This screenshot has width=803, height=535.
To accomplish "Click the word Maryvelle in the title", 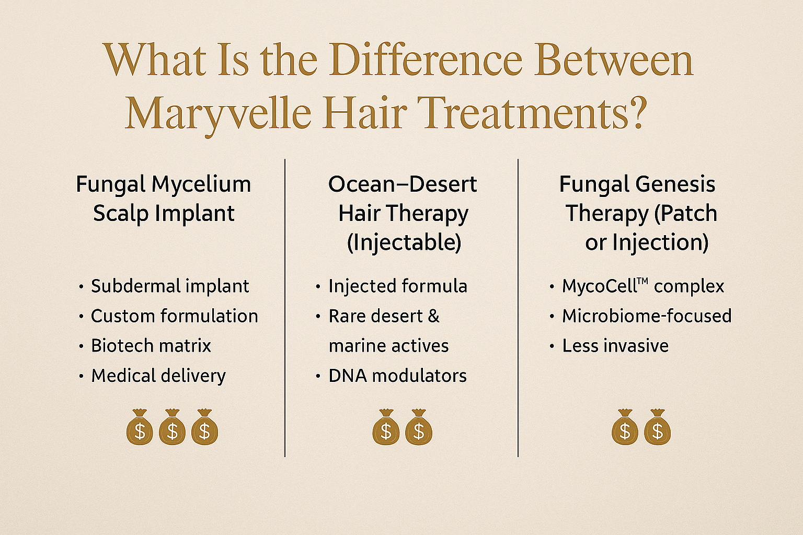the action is click(x=218, y=113).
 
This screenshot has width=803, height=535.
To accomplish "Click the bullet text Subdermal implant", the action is click(x=170, y=286).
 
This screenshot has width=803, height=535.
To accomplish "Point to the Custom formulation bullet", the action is click(x=174, y=316).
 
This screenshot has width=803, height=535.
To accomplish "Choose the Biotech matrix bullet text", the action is click(x=151, y=346).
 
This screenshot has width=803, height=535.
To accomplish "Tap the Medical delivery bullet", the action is click(x=158, y=376).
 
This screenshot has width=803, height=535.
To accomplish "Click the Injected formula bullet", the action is click(x=398, y=286).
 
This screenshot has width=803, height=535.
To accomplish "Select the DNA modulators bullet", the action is click(x=397, y=376).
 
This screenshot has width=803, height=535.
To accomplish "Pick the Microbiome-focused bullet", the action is click(x=647, y=316).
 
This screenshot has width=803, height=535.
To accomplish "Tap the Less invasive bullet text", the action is click(x=615, y=346).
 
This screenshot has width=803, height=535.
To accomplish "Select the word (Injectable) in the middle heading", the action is click(x=404, y=242).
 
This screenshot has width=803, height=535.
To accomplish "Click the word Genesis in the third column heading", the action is click(x=675, y=184).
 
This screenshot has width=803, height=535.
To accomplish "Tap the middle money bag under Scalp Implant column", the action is click(x=172, y=427).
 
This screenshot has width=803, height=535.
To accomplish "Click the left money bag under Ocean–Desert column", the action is click(x=386, y=427).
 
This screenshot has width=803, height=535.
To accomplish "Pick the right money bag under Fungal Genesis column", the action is click(x=657, y=427).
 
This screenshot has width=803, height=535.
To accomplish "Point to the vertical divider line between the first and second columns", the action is click(x=285, y=308).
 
